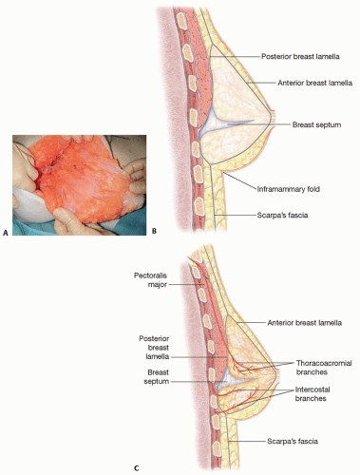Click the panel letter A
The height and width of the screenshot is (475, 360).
(x=5, y=233)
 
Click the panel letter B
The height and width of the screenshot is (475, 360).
(x=154, y=231)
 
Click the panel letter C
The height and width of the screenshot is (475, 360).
(x=136, y=468)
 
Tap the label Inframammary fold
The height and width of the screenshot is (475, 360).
(x=288, y=189)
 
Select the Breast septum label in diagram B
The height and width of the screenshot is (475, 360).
(x=316, y=124)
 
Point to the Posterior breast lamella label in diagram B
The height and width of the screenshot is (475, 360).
(x=300, y=56)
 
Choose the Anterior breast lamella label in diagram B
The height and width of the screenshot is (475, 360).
(x=314, y=83)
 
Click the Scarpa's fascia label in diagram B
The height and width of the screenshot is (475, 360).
(x=282, y=216)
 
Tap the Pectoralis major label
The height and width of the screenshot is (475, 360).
(x=151, y=280)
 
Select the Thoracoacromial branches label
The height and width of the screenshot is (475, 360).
(x=324, y=368)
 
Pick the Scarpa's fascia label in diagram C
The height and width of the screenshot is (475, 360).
(x=293, y=441)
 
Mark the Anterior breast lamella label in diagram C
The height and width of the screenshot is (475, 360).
(x=305, y=323)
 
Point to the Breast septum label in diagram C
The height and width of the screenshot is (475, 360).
(x=157, y=376)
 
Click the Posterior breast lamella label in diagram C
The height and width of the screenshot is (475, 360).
(x=154, y=348)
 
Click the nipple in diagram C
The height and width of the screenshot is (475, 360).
(x=277, y=373)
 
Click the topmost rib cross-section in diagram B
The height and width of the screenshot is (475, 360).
(x=182, y=21)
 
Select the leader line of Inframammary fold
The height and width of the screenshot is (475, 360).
(x=239, y=181)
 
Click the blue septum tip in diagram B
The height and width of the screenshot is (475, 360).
(x=254, y=121)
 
